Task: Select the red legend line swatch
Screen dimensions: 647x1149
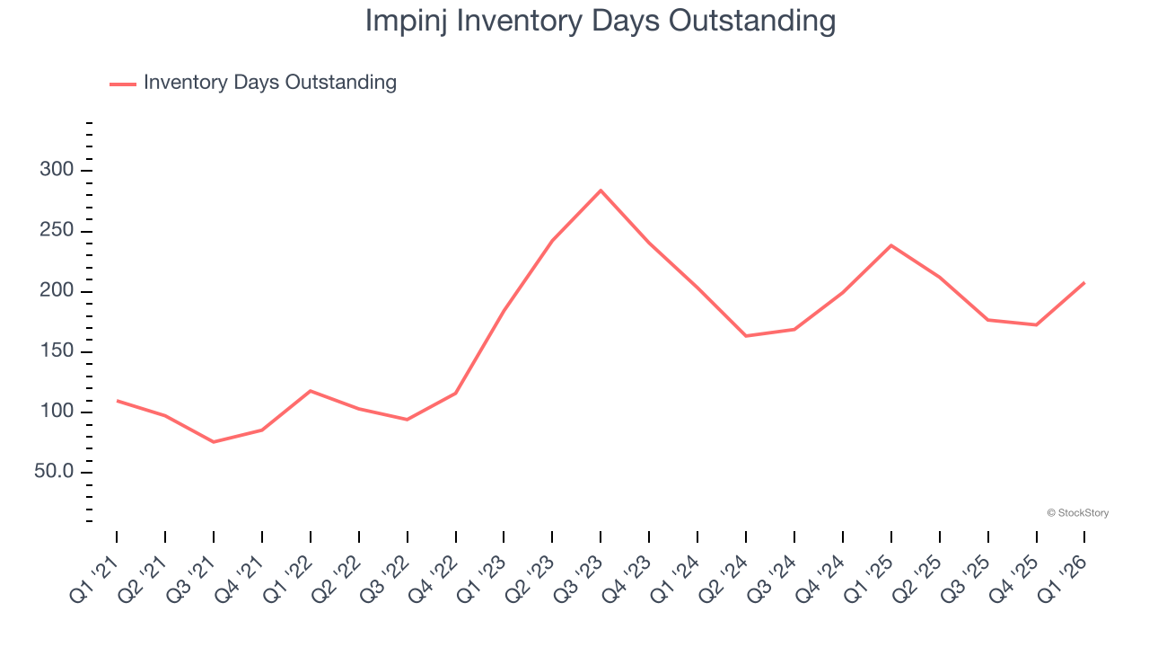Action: [122, 84]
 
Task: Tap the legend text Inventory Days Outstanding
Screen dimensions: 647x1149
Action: [269, 83]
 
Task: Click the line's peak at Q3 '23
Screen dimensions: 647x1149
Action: [601, 191]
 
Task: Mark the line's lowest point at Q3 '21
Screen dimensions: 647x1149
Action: [214, 442]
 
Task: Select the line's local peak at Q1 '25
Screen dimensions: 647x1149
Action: [891, 245]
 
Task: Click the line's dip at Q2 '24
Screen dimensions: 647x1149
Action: [746, 336]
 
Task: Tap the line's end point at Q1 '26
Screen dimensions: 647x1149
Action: [1084, 283]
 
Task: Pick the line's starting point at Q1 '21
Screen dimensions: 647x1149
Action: [117, 401]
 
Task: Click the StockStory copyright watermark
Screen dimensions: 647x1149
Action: [1077, 513]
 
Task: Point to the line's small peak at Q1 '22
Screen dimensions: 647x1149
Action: [311, 391]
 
